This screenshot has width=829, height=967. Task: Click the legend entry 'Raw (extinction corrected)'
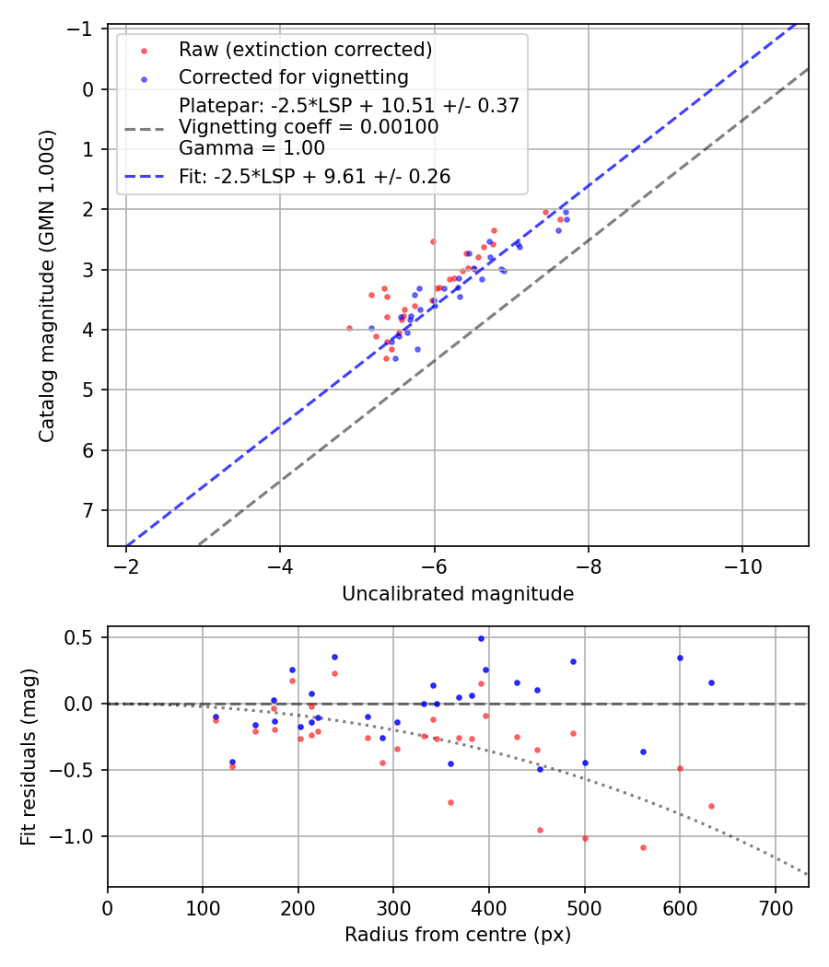pos(305,49)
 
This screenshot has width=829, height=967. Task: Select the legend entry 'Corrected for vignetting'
pos(293,76)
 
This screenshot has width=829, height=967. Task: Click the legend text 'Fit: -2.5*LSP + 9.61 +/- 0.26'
pos(314,177)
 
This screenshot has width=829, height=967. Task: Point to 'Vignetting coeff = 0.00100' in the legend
pos(309,127)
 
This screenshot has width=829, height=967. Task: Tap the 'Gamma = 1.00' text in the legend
pos(251,147)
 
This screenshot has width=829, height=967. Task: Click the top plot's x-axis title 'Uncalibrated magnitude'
pos(458,594)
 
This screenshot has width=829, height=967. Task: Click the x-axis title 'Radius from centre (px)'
pos(458,935)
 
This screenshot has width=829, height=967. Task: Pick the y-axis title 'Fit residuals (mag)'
pos(29,756)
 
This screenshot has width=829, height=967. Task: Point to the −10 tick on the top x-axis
pos(742,565)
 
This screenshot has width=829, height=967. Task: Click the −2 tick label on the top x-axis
pos(126,565)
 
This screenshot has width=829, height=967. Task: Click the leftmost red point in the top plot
pos(349,328)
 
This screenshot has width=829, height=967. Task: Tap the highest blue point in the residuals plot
pos(481,638)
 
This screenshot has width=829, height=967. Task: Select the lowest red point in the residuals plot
pos(643,847)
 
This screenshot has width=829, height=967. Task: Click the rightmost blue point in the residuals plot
pos(711,682)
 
